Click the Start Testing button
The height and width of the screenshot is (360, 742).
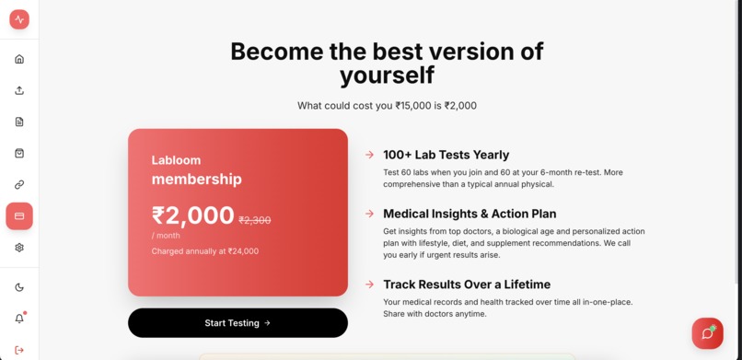tap(238, 323)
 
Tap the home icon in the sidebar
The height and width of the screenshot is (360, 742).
tap(19, 59)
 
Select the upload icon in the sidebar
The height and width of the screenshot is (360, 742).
tap(19, 90)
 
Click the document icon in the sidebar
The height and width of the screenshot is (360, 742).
tap(19, 122)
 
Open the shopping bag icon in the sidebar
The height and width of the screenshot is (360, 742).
tap(19, 153)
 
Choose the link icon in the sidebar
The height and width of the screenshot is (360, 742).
tap(19, 184)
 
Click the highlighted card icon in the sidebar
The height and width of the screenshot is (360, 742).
tap(19, 216)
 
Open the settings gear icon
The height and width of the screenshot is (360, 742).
tap(19, 248)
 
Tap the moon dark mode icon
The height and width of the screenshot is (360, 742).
tap(19, 287)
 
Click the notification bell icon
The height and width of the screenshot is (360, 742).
tap(19, 319)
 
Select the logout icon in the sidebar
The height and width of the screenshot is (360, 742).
tap(19, 350)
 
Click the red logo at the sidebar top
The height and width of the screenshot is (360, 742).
tap(19, 19)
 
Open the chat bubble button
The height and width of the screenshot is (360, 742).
tap(707, 333)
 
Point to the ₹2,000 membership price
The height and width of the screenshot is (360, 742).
tap(193, 215)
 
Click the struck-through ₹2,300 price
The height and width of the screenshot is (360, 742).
tap(255, 220)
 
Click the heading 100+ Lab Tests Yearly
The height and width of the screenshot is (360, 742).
tap(446, 155)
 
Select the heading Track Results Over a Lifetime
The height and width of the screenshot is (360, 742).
tap(467, 285)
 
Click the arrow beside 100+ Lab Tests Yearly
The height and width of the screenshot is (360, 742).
tap(369, 155)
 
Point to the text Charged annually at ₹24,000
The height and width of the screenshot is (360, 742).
tap(205, 251)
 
